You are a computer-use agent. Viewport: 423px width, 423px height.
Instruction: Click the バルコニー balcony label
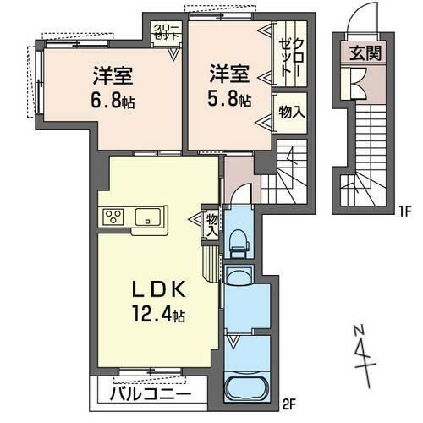pos(146,394)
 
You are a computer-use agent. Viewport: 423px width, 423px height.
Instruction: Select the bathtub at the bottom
pos(246,391)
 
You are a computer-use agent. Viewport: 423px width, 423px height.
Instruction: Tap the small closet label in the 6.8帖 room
pos(166,32)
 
